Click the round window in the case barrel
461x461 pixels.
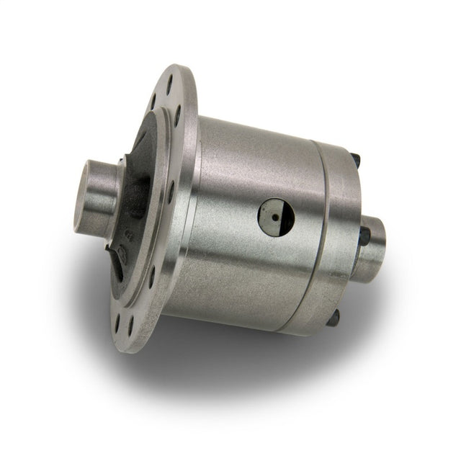coord(276,216)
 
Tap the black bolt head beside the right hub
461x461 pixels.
coord(364,234)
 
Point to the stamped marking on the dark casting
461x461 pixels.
coord(127,236)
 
